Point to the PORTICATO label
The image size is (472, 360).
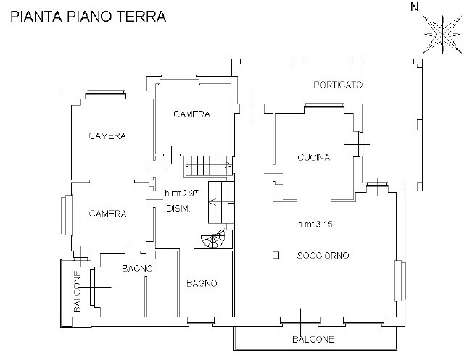pyautogui.click(x=338, y=85)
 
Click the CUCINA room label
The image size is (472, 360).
pyautogui.click(x=314, y=157)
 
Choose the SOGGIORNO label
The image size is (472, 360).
pyautogui.click(x=323, y=256)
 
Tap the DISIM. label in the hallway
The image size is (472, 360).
pyautogui.click(x=178, y=209)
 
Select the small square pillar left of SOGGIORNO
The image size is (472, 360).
pyautogui.click(x=276, y=255)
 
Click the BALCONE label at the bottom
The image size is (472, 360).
pyautogui.click(x=313, y=339)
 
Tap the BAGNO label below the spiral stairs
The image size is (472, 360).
pyautogui.click(x=201, y=283)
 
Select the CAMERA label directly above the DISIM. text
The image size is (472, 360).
pyautogui.click(x=107, y=214)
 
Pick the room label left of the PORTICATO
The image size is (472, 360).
pyautogui.click(x=191, y=114)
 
